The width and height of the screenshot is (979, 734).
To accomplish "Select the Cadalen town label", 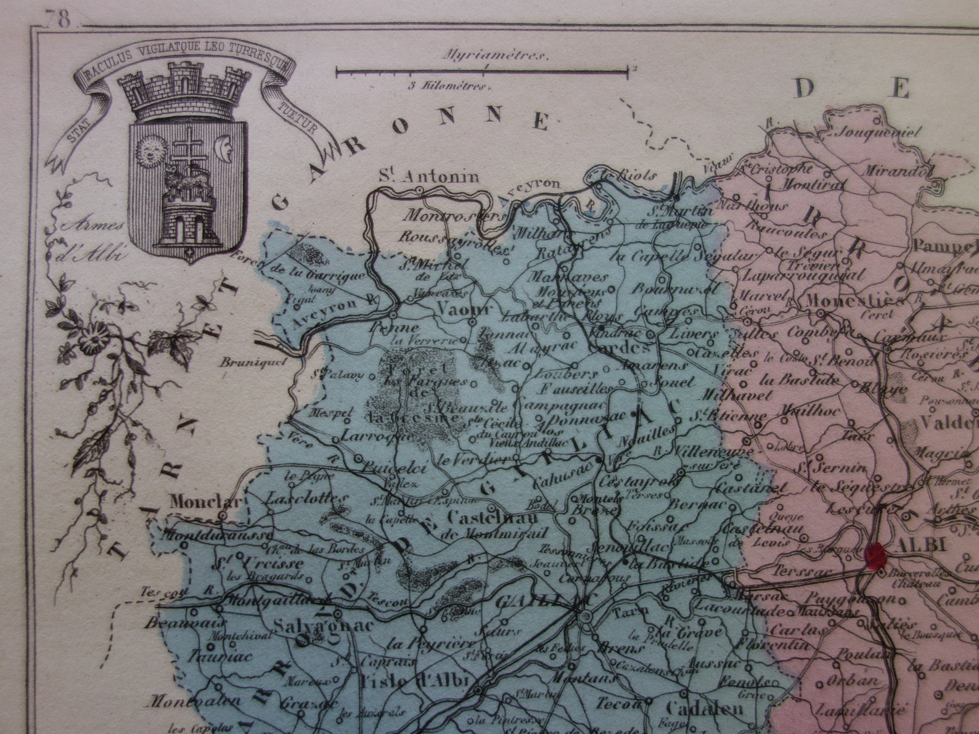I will pyautogui.click(x=705, y=708).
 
